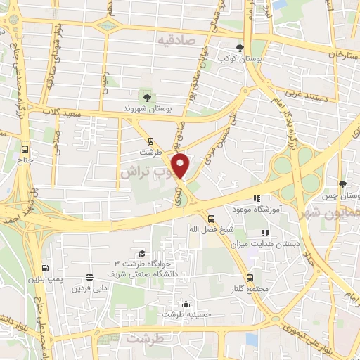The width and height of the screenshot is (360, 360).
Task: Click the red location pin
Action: (181, 167)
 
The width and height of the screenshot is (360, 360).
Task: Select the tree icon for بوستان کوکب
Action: (241, 48)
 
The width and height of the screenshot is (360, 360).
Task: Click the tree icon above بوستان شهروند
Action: (146, 97)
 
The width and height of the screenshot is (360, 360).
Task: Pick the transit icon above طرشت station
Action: (150, 141)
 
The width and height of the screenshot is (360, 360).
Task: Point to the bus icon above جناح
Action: (25, 150)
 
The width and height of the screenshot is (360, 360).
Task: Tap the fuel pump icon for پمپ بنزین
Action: (46, 268)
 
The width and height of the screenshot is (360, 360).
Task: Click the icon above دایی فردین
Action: (89, 277)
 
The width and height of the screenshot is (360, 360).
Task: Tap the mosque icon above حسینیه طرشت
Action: (186, 304)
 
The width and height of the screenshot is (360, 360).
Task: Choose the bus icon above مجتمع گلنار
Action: (251, 278)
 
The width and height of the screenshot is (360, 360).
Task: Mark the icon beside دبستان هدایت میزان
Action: (265, 233)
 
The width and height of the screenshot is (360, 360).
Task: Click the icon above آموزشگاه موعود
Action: (257, 199)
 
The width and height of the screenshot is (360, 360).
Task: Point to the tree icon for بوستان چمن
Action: (342, 184)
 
